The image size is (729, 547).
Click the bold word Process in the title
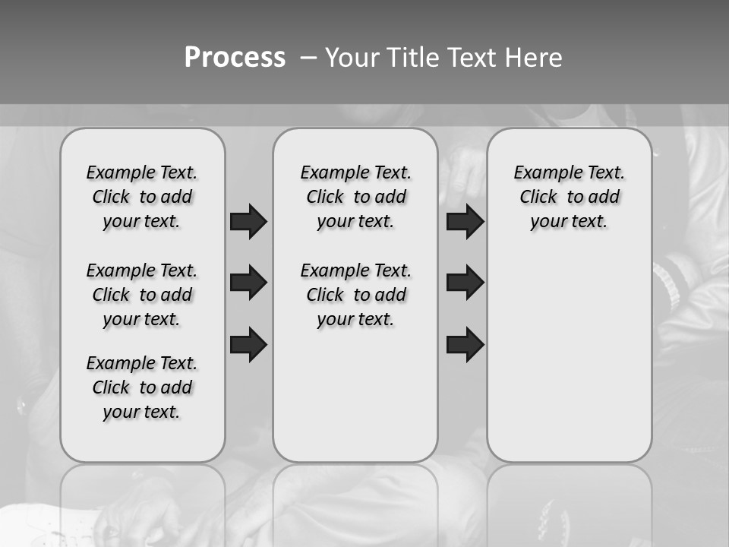[235, 58]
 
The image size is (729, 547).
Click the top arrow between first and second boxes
[248, 221]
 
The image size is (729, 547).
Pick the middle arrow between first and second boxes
[248, 283]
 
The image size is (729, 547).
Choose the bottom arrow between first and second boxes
[248, 344]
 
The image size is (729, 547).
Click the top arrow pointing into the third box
[465, 221]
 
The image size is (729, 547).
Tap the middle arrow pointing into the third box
[465, 283]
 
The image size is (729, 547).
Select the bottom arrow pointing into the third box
[465, 344]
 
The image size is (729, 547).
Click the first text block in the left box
[142, 197]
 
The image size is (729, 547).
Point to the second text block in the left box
[142, 295]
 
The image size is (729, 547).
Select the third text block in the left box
[142, 387]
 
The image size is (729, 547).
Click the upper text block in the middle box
[355, 197]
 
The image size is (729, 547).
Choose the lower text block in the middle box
[355, 295]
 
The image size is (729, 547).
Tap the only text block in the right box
[569, 197]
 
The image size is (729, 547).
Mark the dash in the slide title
[308, 58]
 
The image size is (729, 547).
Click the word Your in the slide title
[352, 58]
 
